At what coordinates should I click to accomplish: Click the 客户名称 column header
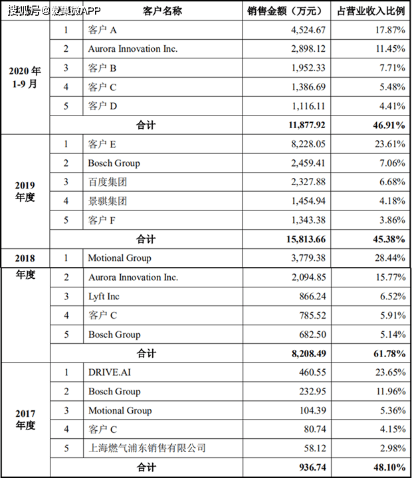pyautogui.click(x=162, y=11)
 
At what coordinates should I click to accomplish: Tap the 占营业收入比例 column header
pyautogui.click(x=370, y=11)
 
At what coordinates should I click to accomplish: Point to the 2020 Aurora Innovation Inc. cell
pyautogui.click(x=133, y=49)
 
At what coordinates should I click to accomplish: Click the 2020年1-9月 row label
pyautogui.click(x=25, y=78)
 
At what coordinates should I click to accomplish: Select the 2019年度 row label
pyautogui.click(x=25, y=191)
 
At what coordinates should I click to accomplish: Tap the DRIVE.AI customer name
pyautogui.click(x=109, y=372)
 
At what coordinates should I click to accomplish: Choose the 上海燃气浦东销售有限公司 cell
pyautogui.click(x=147, y=449)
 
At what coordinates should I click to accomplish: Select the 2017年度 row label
pyautogui.click(x=25, y=420)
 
